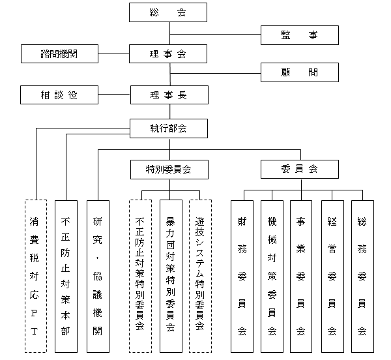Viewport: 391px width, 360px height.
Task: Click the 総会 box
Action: [x=168, y=12]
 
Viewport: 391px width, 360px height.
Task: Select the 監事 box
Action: [x=299, y=35]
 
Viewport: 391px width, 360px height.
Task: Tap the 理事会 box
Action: [x=168, y=54]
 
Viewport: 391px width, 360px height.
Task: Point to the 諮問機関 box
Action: [x=59, y=54]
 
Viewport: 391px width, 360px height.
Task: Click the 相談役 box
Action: [x=59, y=95]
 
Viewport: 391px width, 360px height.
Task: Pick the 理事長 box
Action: [x=168, y=95]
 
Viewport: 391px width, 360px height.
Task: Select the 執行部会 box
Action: [x=168, y=128]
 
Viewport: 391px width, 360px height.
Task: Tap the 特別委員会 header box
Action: [x=168, y=169]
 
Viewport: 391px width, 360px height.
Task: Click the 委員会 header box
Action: [x=299, y=169]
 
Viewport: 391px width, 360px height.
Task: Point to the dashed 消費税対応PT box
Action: [x=35, y=275]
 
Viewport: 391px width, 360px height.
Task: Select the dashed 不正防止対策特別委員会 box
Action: [x=140, y=275]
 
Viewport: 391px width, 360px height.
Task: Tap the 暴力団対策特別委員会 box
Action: [x=170, y=275]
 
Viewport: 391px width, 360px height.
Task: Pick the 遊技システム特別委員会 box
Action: [x=200, y=275]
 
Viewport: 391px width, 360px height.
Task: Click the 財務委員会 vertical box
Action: [x=242, y=275]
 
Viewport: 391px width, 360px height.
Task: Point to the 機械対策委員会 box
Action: [x=272, y=275]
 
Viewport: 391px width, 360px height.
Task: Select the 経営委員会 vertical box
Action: [x=332, y=275]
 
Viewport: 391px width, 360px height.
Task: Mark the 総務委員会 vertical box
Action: [x=362, y=275]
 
